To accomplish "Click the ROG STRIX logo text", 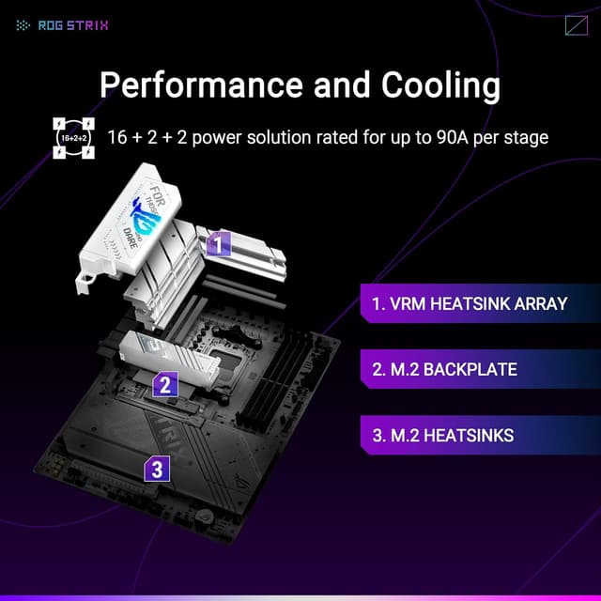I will tap(72, 25).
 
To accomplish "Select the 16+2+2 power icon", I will tap(73, 137).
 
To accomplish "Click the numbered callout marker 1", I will tap(218, 245).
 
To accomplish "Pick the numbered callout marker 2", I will tap(165, 383).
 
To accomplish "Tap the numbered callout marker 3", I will tap(156, 469).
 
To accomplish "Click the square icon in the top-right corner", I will tap(576, 25).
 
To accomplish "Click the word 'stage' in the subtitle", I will tap(527, 137).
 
